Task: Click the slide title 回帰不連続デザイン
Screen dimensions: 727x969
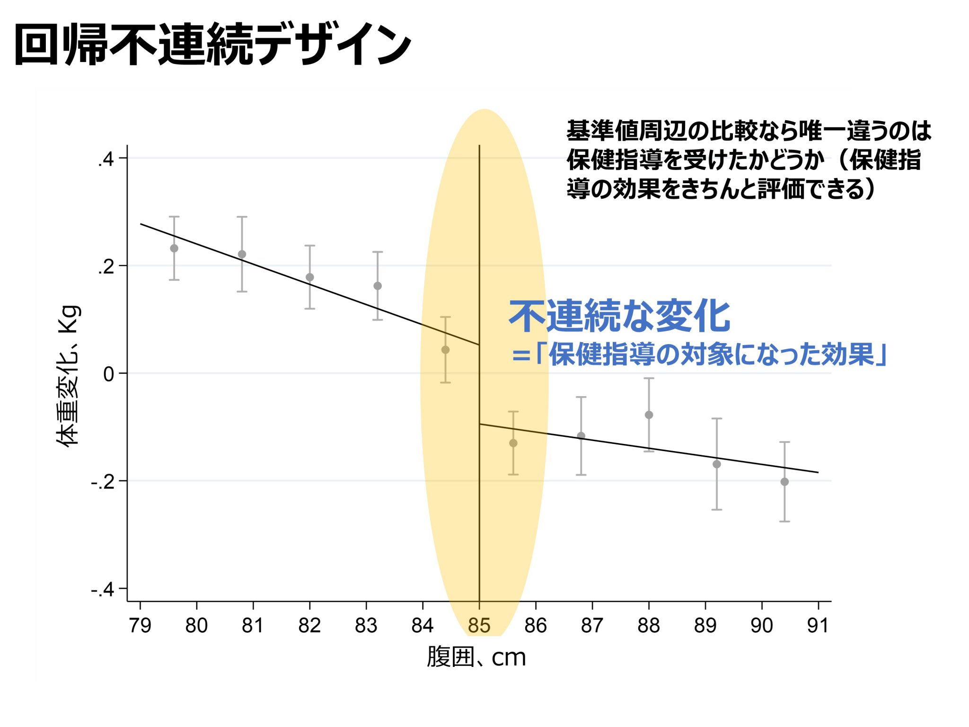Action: (213, 44)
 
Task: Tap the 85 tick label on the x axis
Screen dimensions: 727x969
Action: (479, 626)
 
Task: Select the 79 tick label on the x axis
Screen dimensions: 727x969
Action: (140, 626)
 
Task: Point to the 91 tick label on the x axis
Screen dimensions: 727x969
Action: (818, 626)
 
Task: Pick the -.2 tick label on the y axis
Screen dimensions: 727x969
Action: (103, 482)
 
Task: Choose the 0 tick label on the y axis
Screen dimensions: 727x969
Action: (109, 374)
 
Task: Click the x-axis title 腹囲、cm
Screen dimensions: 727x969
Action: (476, 657)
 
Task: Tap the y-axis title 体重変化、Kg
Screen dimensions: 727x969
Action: (69, 376)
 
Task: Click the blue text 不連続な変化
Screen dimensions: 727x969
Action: (620, 316)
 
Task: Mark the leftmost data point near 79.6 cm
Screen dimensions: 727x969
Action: (174, 248)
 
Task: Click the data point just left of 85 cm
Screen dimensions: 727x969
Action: (445, 350)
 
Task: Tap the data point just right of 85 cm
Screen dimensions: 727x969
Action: (513, 443)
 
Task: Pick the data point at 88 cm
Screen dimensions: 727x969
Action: (649, 415)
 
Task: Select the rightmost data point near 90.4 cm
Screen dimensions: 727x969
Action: (784, 482)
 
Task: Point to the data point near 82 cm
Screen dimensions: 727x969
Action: (310, 277)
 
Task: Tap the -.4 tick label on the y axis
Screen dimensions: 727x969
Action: (103, 590)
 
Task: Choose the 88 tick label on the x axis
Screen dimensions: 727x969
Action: (648, 626)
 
